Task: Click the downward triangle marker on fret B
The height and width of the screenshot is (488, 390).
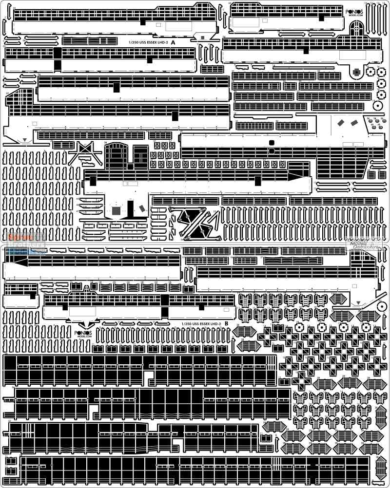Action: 359,302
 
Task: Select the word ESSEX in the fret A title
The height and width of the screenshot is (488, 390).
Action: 150,43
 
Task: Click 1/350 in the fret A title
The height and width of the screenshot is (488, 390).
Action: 133,43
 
